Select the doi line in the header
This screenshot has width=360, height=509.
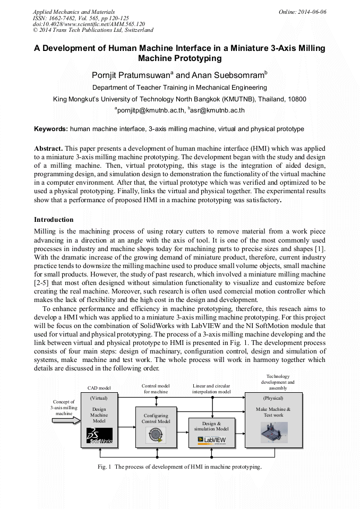[89, 24]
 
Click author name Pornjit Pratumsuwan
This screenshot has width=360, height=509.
[130, 75]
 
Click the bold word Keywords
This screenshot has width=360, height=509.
[50, 129]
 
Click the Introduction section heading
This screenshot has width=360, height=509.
[54, 219]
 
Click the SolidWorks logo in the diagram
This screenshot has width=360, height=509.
[99, 436]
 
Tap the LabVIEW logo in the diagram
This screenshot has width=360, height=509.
[212, 439]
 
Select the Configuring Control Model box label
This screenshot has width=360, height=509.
[156, 418]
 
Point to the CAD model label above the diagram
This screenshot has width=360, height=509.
[99, 388]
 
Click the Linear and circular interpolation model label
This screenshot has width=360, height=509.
[211, 389]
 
